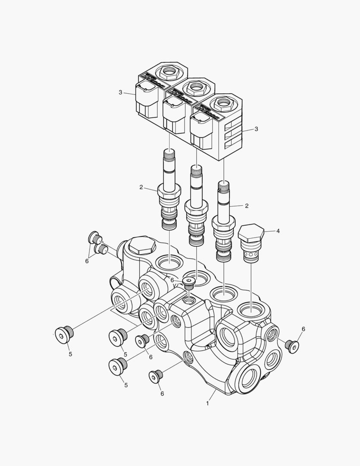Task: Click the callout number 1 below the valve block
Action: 207,403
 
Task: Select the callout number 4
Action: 278,231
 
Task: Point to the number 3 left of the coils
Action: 121,92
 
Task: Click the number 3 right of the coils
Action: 256,129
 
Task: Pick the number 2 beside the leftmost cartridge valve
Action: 141,187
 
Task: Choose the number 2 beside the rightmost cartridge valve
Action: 247,206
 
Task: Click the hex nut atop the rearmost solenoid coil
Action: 166,71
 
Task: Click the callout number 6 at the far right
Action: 303,329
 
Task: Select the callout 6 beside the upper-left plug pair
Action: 87,261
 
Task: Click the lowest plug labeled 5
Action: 117,365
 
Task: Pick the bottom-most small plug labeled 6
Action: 156,376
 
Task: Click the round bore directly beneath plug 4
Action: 250,309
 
